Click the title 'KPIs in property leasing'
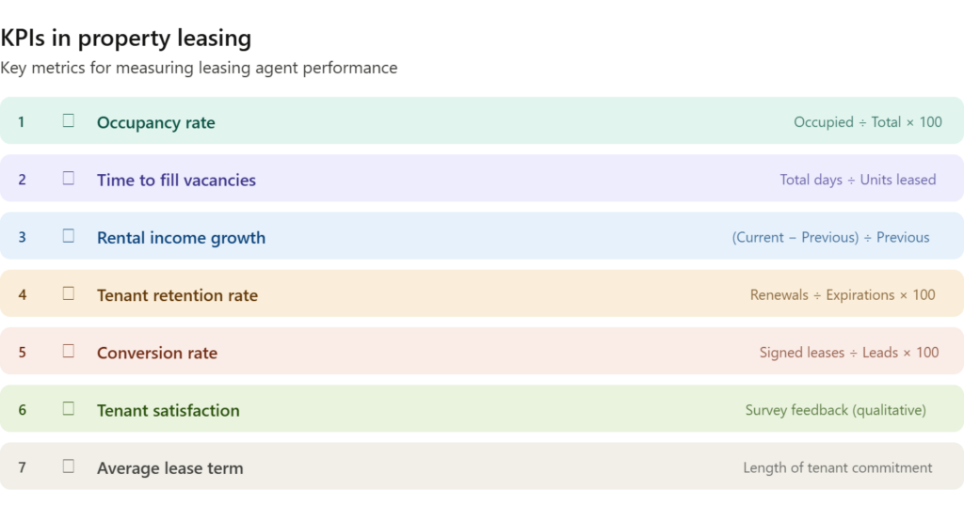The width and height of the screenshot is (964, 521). pyautogui.click(x=126, y=39)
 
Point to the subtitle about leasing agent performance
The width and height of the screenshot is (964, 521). pyautogui.click(x=199, y=68)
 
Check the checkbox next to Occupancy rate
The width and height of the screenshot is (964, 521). pyautogui.click(x=68, y=120)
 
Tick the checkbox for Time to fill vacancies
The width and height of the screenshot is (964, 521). pyautogui.click(x=68, y=178)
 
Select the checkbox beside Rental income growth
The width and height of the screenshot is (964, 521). pyautogui.click(x=68, y=236)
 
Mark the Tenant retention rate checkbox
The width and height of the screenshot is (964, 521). pyautogui.click(x=68, y=293)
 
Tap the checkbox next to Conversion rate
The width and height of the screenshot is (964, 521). pyautogui.click(x=68, y=351)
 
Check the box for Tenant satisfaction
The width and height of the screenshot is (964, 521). pyautogui.click(x=68, y=408)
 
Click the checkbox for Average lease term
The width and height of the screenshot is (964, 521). pyautogui.click(x=68, y=466)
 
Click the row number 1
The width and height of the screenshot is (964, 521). pyautogui.click(x=21, y=121)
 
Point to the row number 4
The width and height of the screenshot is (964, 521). pyautogui.click(x=23, y=295)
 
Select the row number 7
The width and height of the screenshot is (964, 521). pyautogui.click(x=23, y=467)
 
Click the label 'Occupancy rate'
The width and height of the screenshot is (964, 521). pyautogui.click(x=156, y=123)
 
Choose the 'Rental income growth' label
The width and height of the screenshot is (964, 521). pyautogui.click(x=182, y=238)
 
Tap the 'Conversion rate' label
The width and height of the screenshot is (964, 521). pyautogui.click(x=157, y=353)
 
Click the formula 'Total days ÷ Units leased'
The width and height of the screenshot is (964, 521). pyautogui.click(x=858, y=180)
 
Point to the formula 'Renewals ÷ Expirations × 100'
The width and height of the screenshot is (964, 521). pyautogui.click(x=843, y=295)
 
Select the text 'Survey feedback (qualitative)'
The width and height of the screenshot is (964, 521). pyautogui.click(x=836, y=410)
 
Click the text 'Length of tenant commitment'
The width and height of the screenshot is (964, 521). pyautogui.click(x=837, y=467)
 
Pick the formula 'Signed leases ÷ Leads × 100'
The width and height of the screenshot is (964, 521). pyautogui.click(x=849, y=352)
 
